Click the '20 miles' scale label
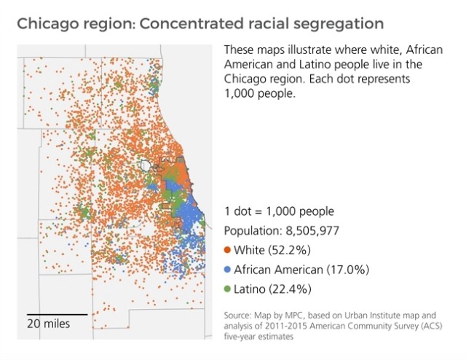[49, 323]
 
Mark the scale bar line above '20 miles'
[57, 313]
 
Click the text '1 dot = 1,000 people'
[279, 212]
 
